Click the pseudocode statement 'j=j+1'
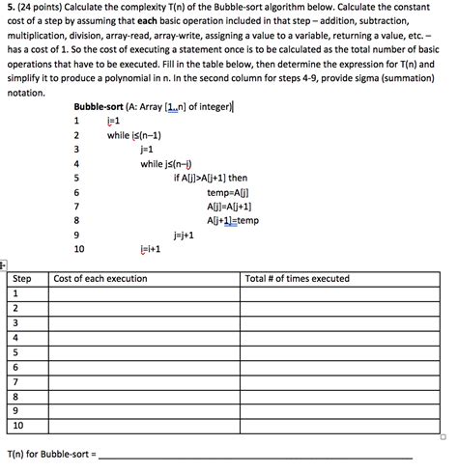[x=184, y=234]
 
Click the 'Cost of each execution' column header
[x=100, y=279]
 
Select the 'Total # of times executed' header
[x=298, y=279]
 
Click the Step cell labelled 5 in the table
[x=16, y=352]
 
